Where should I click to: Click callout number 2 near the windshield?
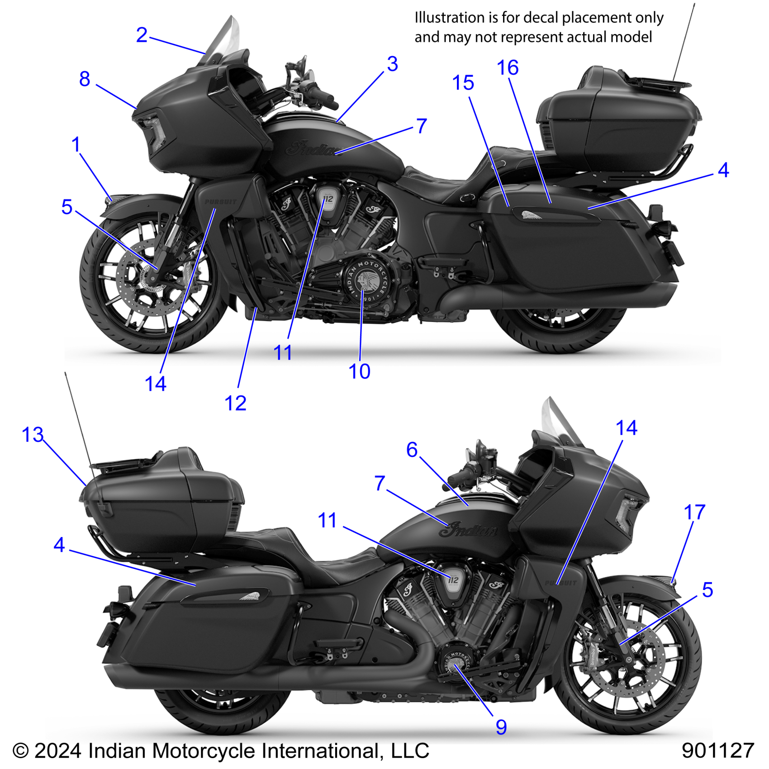[142, 35]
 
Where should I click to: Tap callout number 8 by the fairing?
[85, 79]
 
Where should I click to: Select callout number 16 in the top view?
[508, 68]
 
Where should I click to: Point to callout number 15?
[463, 83]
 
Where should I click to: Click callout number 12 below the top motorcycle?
[235, 403]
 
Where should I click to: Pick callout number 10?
[360, 372]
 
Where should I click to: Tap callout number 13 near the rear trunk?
[33, 435]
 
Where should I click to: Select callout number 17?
[694, 513]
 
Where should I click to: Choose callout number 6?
[412, 450]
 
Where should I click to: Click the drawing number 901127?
[718, 751]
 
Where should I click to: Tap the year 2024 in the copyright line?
[57, 751]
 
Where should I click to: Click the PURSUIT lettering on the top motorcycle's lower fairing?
[220, 202]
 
